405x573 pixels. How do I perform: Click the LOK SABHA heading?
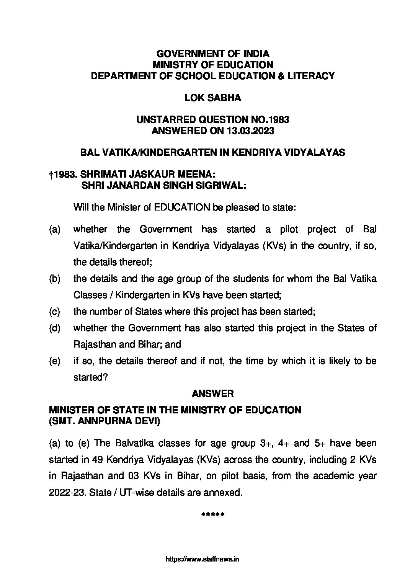click(213, 98)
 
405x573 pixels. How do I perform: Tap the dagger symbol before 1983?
click(51, 175)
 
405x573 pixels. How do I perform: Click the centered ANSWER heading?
click(213, 393)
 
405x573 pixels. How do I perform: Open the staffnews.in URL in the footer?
click(202, 559)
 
